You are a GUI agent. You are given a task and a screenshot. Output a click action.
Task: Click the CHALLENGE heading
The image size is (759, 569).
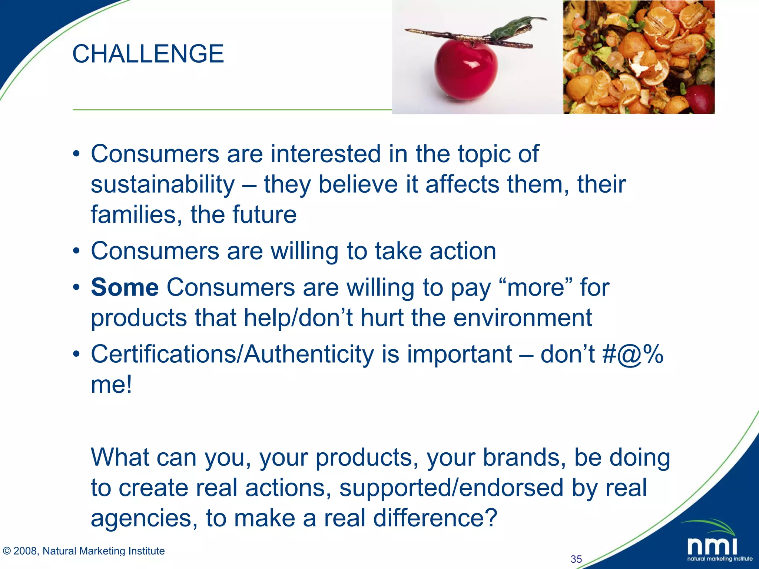click(x=148, y=54)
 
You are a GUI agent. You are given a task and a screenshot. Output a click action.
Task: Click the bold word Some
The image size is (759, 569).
click(x=125, y=287)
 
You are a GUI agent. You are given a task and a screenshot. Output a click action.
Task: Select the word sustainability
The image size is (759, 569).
click(x=163, y=184)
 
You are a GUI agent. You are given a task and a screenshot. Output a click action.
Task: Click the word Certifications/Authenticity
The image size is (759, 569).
click(x=232, y=355)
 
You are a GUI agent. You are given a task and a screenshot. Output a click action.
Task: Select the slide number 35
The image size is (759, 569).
click(x=576, y=559)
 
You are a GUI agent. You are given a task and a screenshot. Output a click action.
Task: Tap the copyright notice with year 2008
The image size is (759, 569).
click(x=84, y=551)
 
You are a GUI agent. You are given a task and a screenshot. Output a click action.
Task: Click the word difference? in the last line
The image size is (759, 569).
click(x=435, y=518)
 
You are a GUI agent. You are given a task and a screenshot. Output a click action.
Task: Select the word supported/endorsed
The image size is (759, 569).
click(x=451, y=488)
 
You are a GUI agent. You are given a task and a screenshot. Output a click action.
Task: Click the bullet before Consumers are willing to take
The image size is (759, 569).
click(x=76, y=252)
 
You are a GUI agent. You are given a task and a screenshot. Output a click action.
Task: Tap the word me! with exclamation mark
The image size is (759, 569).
click(x=111, y=385)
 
